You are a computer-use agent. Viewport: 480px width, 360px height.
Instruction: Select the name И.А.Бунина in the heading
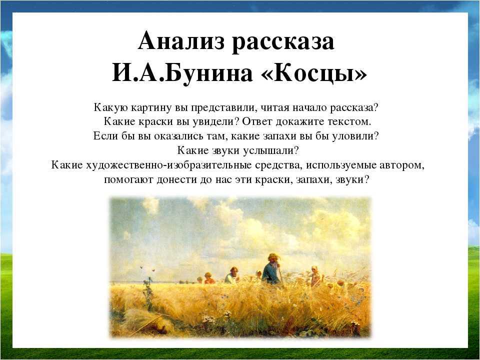tap(182, 73)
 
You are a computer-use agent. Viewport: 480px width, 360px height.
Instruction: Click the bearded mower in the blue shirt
tap(271, 269)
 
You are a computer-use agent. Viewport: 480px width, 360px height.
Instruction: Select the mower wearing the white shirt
tap(232, 275)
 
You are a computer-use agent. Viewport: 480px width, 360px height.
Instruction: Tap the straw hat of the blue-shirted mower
tap(272, 256)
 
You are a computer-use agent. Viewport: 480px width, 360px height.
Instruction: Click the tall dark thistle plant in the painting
tap(148, 294)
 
